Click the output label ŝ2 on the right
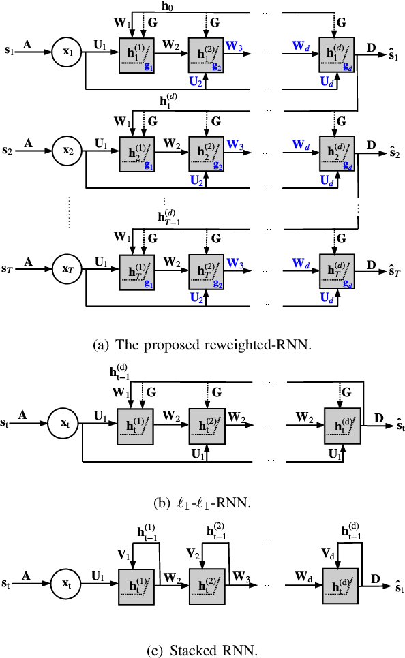(391, 152)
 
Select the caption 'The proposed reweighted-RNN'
(202, 345)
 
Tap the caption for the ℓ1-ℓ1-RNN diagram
(202, 505)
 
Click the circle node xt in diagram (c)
(66, 584)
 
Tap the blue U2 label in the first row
(196, 81)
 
